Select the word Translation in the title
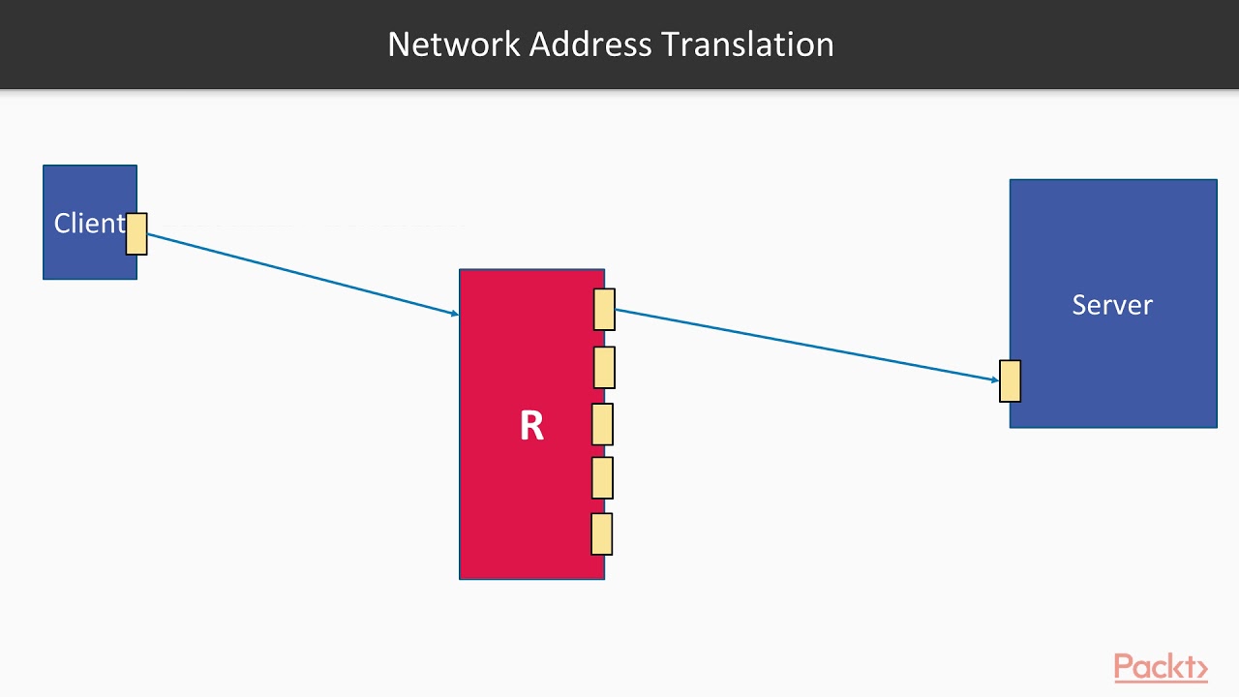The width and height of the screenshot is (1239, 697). (747, 45)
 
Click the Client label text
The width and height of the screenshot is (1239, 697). (89, 224)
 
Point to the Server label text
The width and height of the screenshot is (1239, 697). (1112, 305)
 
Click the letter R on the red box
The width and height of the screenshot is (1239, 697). (531, 426)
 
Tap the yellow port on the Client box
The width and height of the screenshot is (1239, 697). (136, 234)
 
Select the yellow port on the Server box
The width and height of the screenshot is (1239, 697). (1010, 380)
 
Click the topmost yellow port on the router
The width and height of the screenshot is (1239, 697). (604, 310)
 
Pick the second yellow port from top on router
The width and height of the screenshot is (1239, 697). (604, 367)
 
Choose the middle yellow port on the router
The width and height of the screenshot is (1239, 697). (602, 424)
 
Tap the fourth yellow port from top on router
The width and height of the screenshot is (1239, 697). (602, 477)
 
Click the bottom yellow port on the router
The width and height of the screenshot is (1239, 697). (602, 533)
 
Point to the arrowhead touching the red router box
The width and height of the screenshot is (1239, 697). (454, 313)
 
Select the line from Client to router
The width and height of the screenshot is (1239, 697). (300, 274)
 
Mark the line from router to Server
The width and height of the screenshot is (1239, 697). (803, 345)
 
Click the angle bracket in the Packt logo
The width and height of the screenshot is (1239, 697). (1202, 669)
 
